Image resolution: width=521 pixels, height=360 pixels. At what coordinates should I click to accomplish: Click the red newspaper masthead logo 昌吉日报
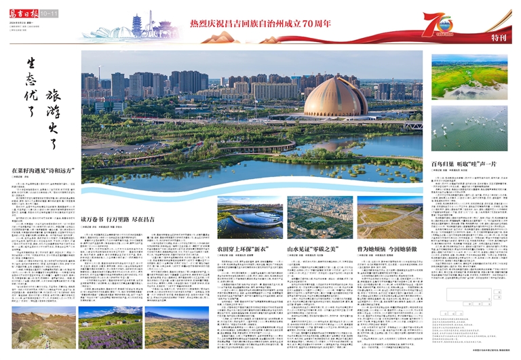coord(24,13)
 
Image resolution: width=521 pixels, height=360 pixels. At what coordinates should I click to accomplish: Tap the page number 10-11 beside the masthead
coord(49,14)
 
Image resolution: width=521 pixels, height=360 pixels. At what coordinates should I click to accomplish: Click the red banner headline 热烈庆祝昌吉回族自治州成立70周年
coord(260,24)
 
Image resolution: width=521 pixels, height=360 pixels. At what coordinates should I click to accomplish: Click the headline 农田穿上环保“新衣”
coord(240,249)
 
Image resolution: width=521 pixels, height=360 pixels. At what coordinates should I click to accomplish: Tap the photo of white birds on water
coord(469,128)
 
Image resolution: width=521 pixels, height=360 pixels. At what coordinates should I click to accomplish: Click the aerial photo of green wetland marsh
coord(469,77)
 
